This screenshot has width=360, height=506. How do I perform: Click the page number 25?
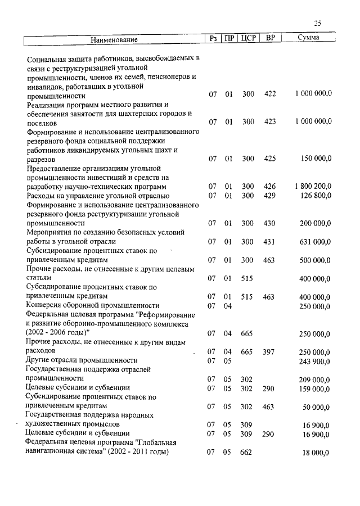pyautogui.click(x=318, y=23)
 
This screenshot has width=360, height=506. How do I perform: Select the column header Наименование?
pyautogui.click(x=114, y=39)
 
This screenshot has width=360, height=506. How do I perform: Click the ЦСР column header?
pyautogui.click(x=248, y=38)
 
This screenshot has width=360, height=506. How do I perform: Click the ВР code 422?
pyautogui.click(x=270, y=94)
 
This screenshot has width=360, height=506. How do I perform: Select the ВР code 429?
pyautogui.click(x=270, y=195)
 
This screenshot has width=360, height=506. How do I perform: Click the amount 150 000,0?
pyautogui.click(x=316, y=159)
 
